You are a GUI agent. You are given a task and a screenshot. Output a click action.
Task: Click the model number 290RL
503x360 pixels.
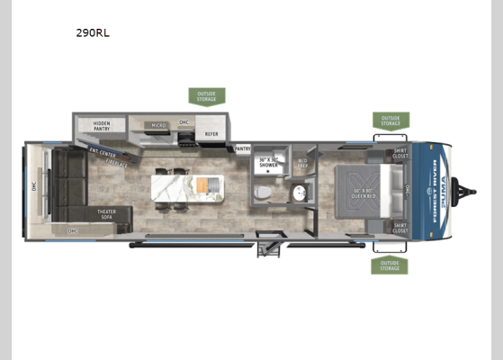(x=94, y=32)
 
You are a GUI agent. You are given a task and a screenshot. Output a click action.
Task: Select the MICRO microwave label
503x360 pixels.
(x=157, y=126)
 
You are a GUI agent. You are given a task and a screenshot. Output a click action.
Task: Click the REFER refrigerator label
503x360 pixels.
(x=211, y=134)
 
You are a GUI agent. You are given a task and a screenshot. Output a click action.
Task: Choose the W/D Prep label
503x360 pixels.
(x=302, y=163)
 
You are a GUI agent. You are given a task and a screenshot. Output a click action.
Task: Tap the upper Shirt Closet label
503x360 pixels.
(x=400, y=155)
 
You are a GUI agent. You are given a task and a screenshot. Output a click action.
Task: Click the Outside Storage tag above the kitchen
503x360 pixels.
(x=206, y=95)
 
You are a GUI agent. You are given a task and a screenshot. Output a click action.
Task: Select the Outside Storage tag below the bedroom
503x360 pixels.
(x=390, y=266)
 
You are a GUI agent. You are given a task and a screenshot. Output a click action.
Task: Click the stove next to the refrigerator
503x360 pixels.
(x=187, y=138)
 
